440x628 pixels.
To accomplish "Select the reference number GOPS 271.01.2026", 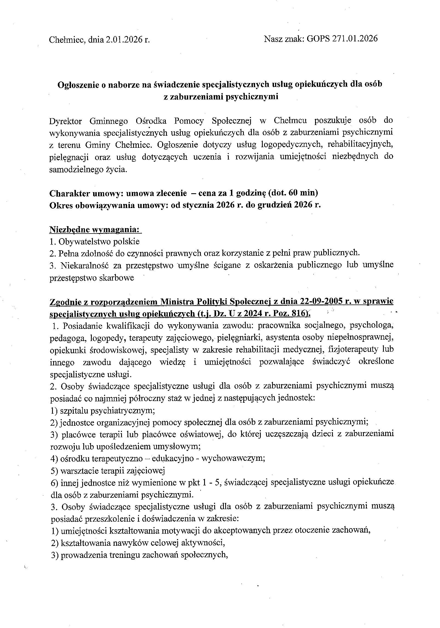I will click(342, 38).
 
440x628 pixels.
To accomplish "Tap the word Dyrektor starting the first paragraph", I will click(65, 121).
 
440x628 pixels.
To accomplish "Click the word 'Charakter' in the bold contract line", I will click(70, 193).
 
